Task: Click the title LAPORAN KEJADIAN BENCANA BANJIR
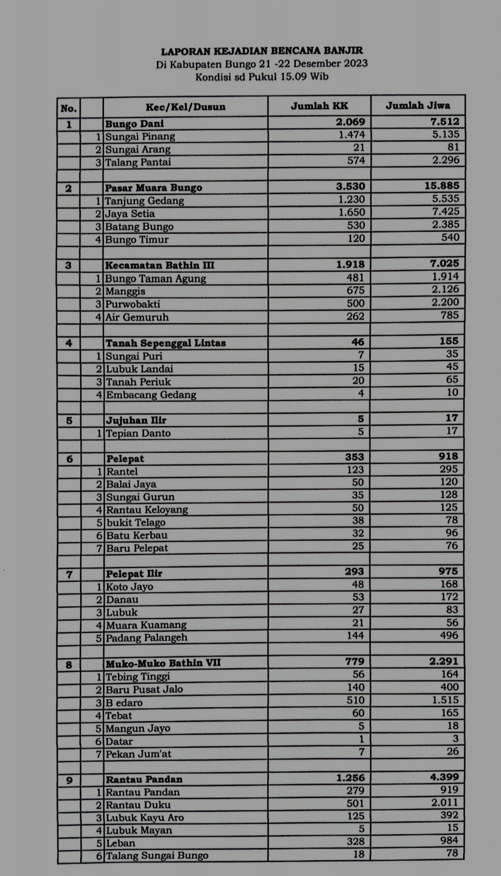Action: pos(262,50)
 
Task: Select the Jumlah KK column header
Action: pos(319,106)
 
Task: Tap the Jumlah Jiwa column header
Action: pos(417,106)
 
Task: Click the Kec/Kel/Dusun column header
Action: pos(186,107)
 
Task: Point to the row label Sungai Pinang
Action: pos(140,137)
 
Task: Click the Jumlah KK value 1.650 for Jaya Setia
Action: pos(352,212)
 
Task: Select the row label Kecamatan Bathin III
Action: pos(160,265)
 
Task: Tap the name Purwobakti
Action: pos(133,304)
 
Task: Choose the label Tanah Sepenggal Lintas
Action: pos(166,343)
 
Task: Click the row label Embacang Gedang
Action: pos(151,395)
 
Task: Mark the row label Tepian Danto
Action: pos(138,434)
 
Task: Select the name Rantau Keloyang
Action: pos(147,510)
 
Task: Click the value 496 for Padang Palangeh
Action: pos(449,636)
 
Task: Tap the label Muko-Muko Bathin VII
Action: pos(163,663)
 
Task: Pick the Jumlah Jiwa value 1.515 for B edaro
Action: pos(445,700)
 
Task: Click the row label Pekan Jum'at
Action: pos(138,754)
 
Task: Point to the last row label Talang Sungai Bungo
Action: pos(157,856)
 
